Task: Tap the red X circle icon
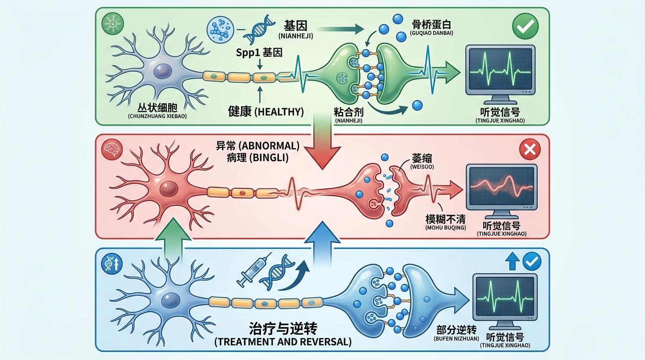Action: (530, 150)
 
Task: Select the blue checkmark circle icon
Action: (532, 261)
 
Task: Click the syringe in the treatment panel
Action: (254, 270)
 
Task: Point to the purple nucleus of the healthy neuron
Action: (163, 71)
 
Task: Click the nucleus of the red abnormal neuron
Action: (167, 189)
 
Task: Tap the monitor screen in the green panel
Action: (500, 70)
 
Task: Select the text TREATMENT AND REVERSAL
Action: (283, 342)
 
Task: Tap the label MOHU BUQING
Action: (445, 228)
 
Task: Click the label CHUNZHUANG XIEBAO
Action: (157, 115)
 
